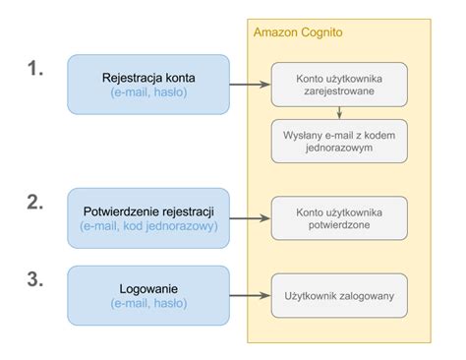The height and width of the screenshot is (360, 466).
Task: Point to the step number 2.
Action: pyautogui.click(x=35, y=203)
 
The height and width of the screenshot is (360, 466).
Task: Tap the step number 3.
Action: pyautogui.click(x=35, y=279)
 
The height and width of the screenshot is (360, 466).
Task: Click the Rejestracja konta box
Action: pyautogui.click(x=147, y=85)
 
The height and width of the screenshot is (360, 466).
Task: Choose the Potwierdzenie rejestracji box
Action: pyautogui.click(x=147, y=218)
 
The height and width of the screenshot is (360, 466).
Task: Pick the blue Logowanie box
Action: pyautogui.click(x=147, y=295)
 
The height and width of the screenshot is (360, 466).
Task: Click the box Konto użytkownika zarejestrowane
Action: pyautogui.click(x=338, y=85)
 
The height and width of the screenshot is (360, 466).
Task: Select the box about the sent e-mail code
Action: pyautogui.click(x=338, y=141)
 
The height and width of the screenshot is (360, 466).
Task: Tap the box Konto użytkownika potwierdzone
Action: pyautogui.click(x=338, y=218)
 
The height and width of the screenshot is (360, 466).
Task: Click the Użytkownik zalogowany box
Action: pyautogui.click(x=338, y=295)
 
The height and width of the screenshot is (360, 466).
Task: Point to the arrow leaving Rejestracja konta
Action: pyautogui.click(x=250, y=85)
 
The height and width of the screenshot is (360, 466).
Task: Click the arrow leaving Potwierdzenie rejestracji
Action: pyautogui.click(x=250, y=218)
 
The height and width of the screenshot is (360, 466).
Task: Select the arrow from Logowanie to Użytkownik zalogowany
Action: pyautogui.click(x=250, y=295)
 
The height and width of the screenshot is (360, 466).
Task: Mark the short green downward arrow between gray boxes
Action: pyautogui.click(x=338, y=112)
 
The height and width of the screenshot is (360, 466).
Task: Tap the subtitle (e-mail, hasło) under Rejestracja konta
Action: pyautogui.click(x=147, y=93)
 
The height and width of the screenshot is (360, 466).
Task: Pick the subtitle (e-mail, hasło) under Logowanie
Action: pyautogui.click(x=147, y=304)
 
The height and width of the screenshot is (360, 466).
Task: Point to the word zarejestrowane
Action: pyautogui.click(x=338, y=91)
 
